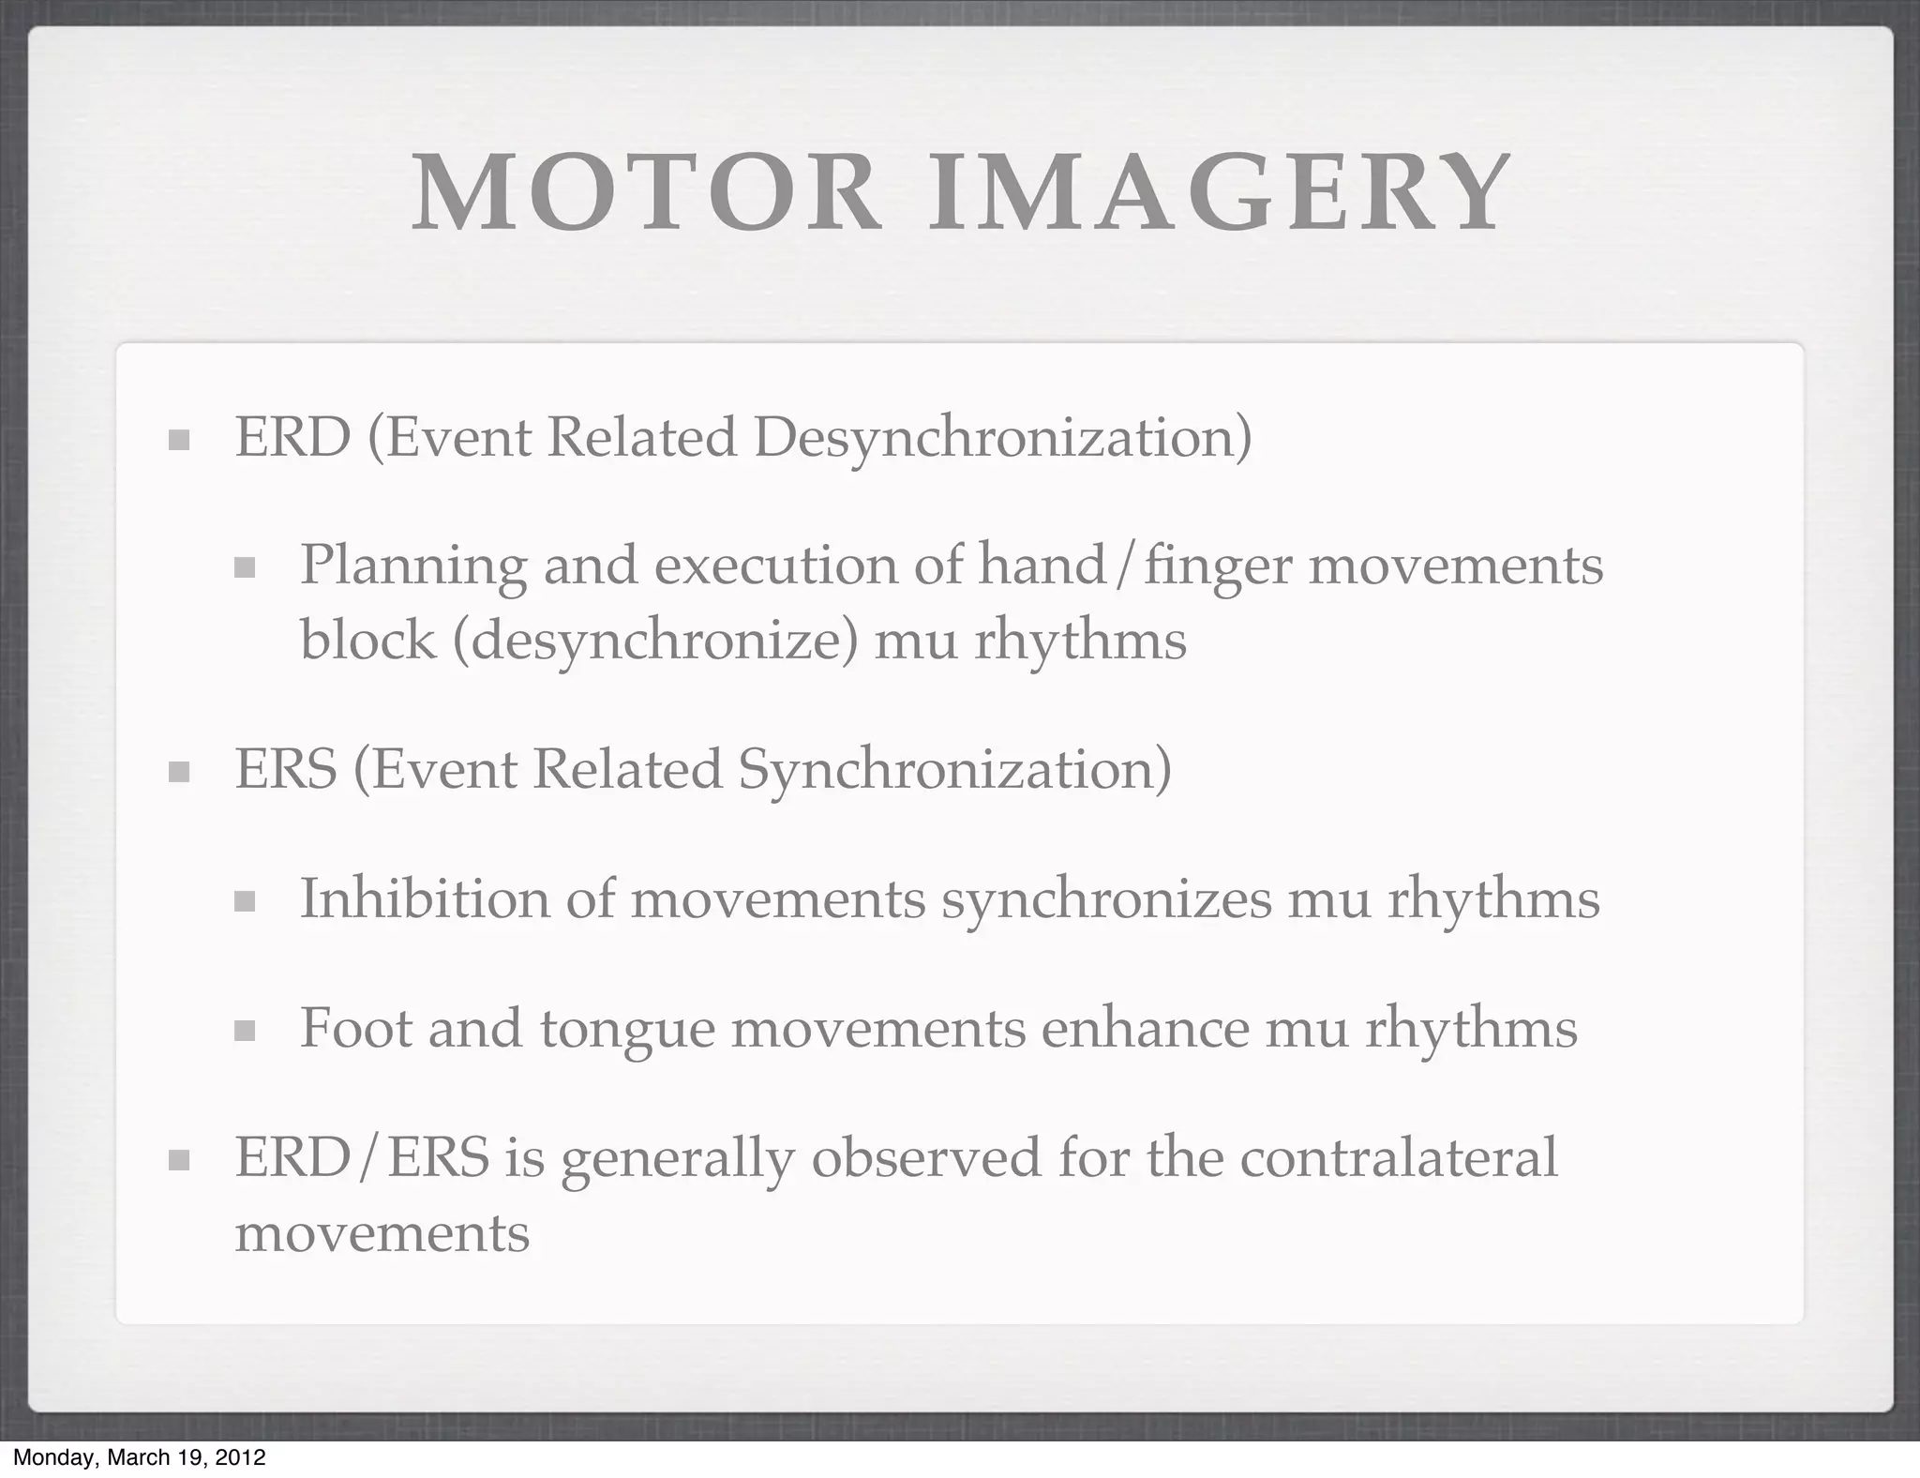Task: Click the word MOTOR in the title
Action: (646, 195)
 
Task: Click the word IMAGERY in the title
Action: (1219, 195)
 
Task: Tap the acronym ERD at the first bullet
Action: (292, 437)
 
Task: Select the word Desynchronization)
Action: (1002, 439)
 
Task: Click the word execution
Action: (776, 566)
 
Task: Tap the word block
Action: (367, 641)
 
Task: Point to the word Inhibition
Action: (424, 898)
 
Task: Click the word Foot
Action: (355, 1028)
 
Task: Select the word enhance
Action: (1145, 1028)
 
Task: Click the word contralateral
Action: (1399, 1157)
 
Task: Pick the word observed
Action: (926, 1157)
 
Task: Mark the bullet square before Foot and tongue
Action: (245, 1032)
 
